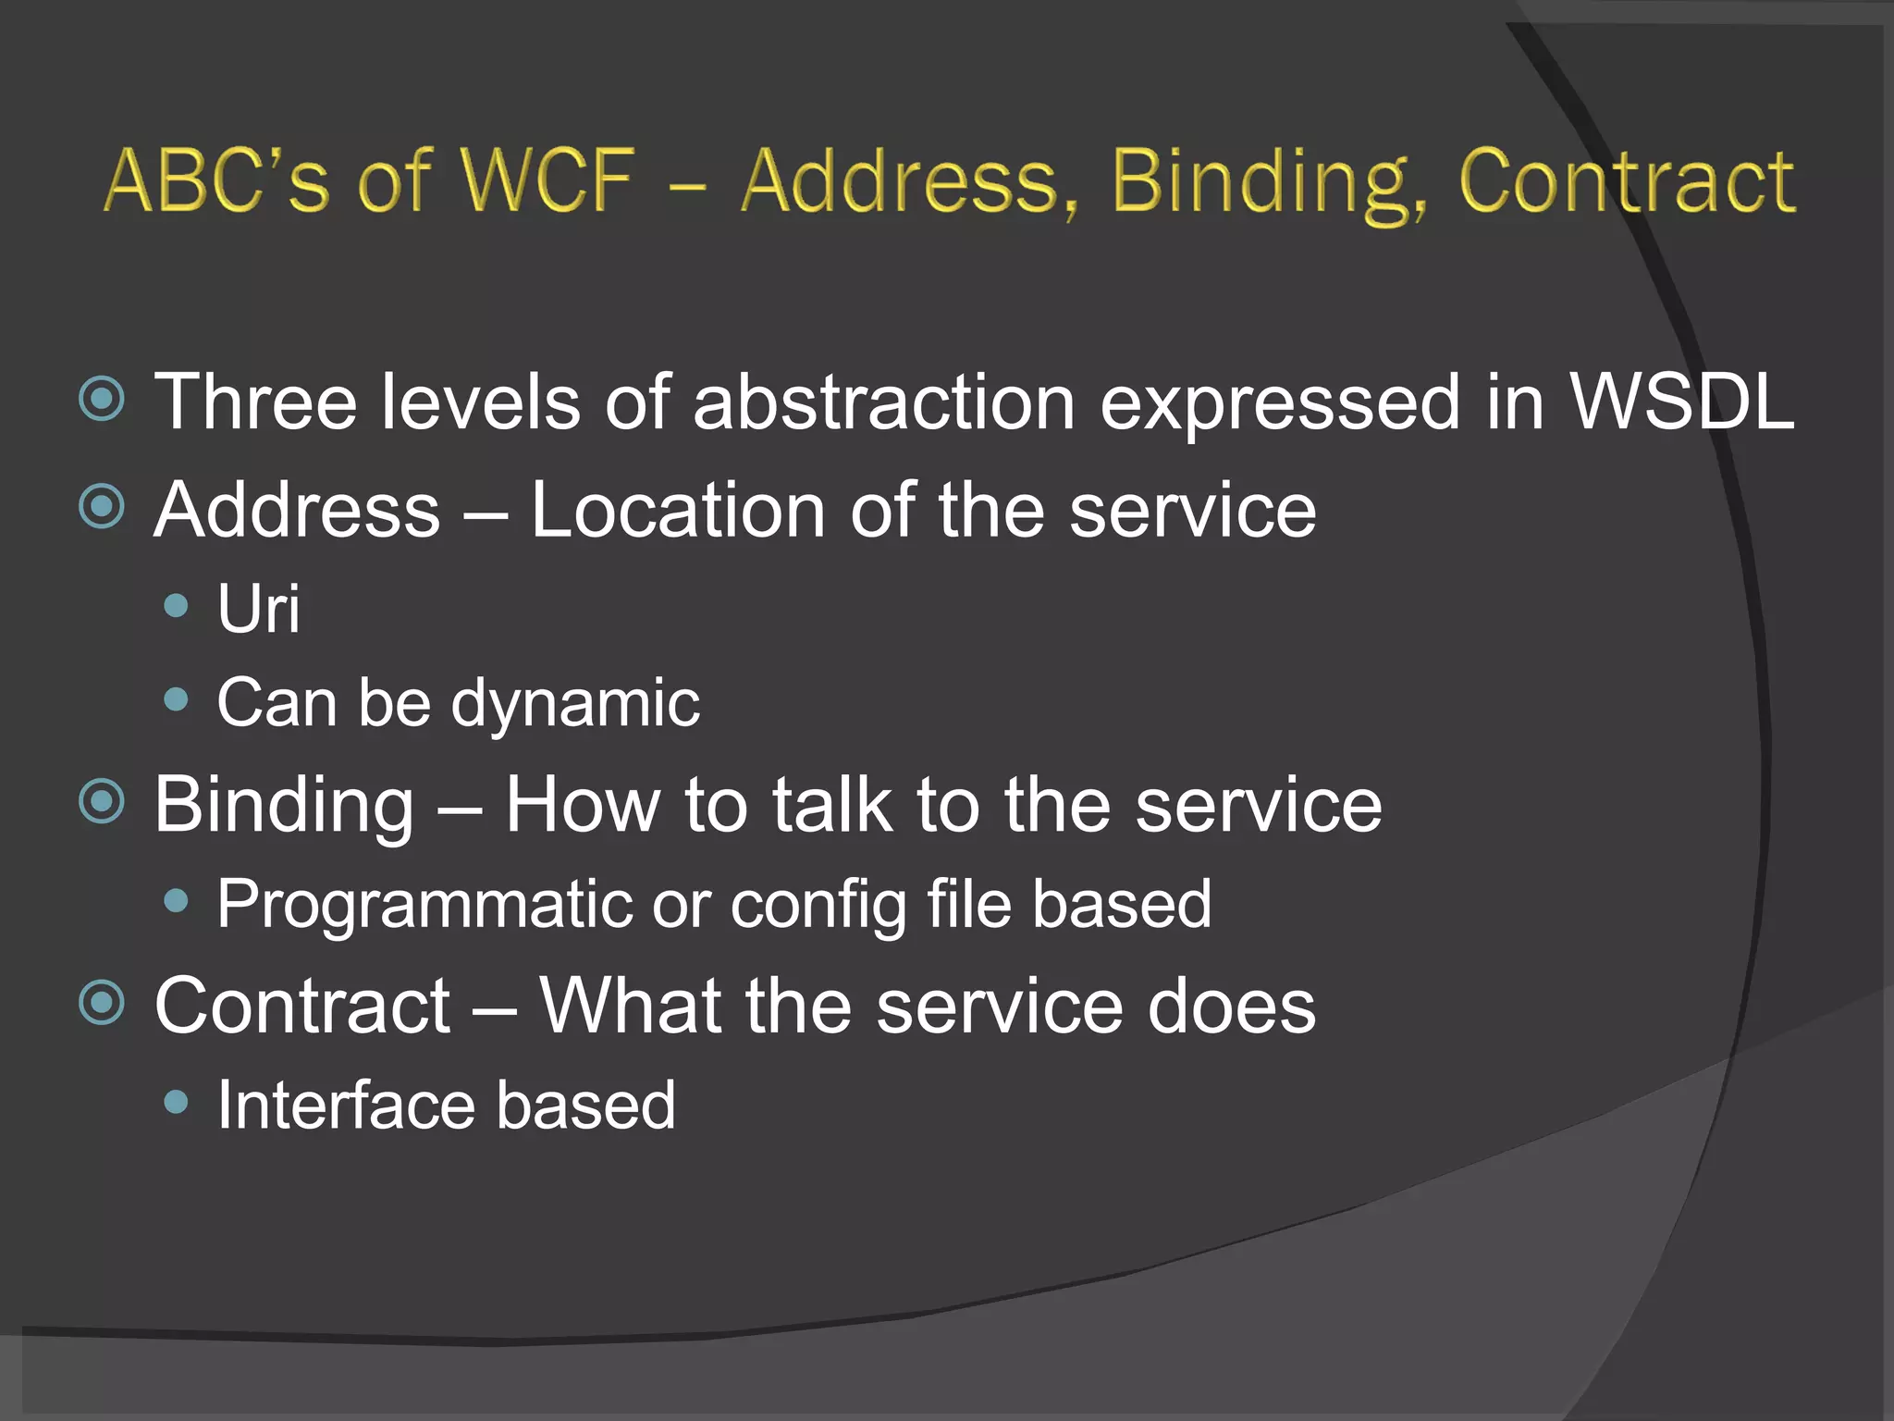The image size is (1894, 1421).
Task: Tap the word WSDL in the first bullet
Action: [x=1682, y=402]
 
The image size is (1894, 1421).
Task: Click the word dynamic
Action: [x=575, y=703]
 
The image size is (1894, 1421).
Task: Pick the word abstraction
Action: [x=884, y=402]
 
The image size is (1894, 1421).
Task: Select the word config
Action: [x=818, y=905]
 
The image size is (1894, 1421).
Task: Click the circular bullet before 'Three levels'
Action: [x=102, y=400]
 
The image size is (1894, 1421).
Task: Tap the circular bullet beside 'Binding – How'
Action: [x=102, y=801]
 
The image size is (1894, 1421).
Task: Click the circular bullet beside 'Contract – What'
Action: [x=102, y=1003]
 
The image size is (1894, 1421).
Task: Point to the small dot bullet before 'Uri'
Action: [x=176, y=606]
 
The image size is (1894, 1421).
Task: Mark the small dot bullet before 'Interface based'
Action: [x=176, y=1102]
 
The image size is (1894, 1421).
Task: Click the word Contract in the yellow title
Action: [x=1627, y=180]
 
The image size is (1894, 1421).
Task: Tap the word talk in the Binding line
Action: [x=832, y=805]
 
